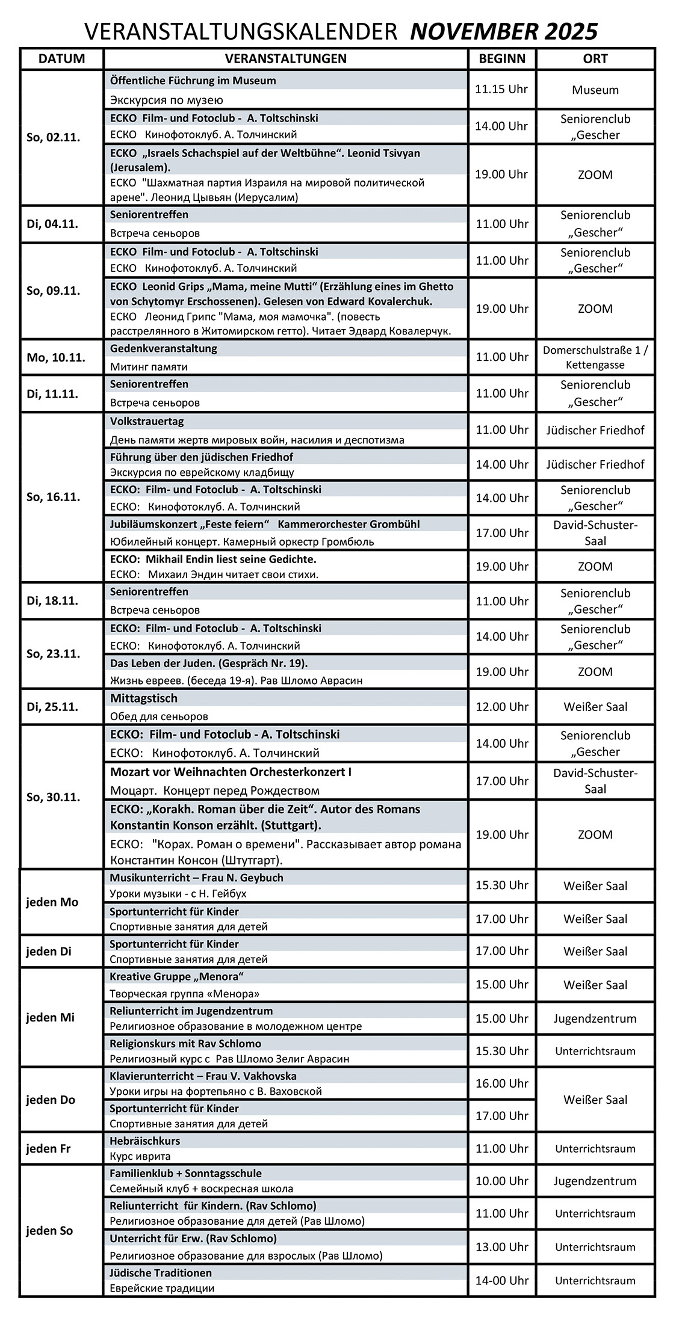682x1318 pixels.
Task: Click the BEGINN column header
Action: click(x=502, y=59)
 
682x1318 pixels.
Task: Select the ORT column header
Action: click(x=595, y=59)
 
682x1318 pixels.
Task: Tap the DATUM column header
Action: click(x=61, y=59)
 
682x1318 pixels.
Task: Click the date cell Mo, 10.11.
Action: click(x=56, y=357)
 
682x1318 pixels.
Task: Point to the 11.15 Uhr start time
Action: click(x=501, y=90)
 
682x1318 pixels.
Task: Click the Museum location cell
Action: click(x=595, y=90)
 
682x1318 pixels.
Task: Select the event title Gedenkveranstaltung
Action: click(x=163, y=348)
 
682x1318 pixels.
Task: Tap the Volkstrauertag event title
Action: click(x=147, y=421)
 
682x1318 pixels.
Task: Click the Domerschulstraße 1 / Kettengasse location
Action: click(x=595, y=357)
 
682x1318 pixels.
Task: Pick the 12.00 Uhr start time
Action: click(x=501, y=707)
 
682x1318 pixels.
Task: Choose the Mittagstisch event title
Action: click(x=144, y=698)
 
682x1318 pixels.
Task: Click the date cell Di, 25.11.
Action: click(x=52, y=707)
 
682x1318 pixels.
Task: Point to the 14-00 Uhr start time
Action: click(x=501, y=1281)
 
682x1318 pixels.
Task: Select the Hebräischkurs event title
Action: click(x=144, y=1141)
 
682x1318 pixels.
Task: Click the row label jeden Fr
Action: click(x=48, y=1148)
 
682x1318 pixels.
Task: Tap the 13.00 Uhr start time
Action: click(x=501, y=1247)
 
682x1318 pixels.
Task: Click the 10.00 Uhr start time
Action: click(x=501, y=1181)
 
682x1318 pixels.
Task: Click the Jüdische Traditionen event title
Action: click(x=161, y=1272)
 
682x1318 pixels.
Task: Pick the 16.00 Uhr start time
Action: click(x=501, y=1083)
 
